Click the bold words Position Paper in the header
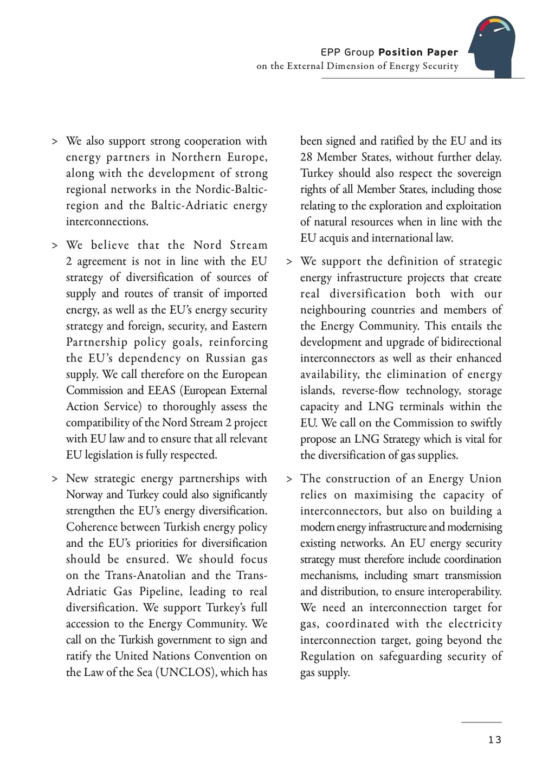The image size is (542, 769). click(x=418, y=52)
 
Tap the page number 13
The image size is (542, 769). click(x=494, y=740)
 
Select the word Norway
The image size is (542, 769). click(x=84, y=494)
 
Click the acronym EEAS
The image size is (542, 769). click(x=162, y=390)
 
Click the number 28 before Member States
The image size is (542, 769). click(x=306, y=157)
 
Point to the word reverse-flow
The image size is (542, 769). click(x=371, y=391)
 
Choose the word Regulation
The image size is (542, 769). click(x=327, y=656)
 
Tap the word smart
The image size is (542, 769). click(x=425, y=576)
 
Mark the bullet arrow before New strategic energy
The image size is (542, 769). click(x=55, y=479)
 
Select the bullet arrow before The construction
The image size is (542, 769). click(x=289, y=479)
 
